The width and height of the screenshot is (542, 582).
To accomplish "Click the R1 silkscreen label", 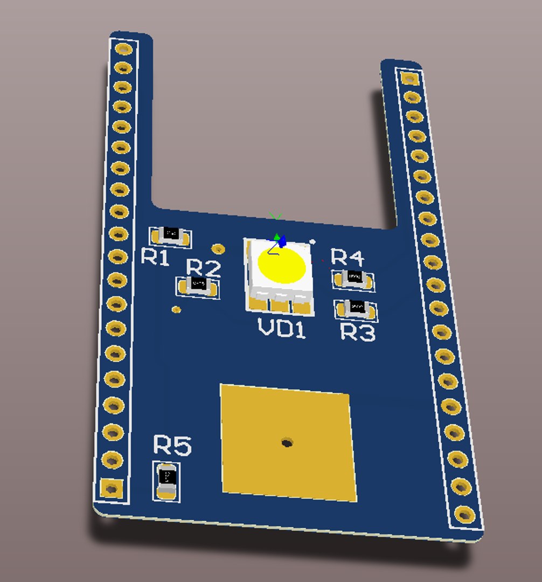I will pos(155,258).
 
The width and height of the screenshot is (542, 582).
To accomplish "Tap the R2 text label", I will pos(203,268).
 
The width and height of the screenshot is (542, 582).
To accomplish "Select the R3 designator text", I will pos(358,333).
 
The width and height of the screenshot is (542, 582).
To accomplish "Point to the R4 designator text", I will pos(347,257).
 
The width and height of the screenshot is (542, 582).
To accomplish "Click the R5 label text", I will pos(172,446).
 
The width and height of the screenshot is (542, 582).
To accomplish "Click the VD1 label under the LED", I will pos(282,328).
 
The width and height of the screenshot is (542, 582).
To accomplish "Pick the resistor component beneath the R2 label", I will pos(198,285).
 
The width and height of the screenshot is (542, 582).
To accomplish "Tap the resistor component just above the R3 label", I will pos(356,309).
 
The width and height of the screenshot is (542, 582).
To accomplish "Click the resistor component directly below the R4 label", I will pos(354,279).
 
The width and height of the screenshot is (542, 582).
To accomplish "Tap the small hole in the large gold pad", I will pos(287,443).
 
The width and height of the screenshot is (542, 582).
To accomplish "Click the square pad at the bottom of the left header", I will pos(111,489).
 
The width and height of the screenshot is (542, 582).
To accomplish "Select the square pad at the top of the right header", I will pos(410,79).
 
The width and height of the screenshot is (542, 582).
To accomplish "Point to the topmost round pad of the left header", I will pos(124,49).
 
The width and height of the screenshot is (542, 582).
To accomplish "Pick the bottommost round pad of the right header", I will pos(463,514).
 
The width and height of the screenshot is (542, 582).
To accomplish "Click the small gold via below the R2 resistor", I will pos(176,309).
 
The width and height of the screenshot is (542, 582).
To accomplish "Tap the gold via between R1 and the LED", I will pos(218,248).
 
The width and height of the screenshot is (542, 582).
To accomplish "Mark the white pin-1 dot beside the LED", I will pos(312,241).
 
